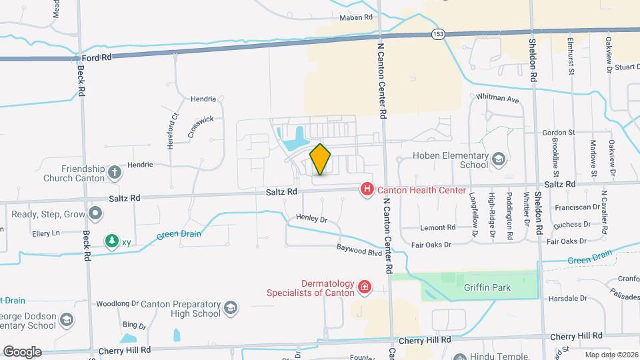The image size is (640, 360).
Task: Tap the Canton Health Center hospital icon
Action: pos(366,190)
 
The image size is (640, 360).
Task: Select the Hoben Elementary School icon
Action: pos(499,159)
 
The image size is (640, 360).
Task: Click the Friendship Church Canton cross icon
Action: pos(115,173)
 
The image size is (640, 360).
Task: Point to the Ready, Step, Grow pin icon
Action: pos(96,214)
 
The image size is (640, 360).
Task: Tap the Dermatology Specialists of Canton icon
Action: pos(364,287)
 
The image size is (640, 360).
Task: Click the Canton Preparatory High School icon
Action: pos(230,307)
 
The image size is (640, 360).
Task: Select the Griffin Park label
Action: pos(487,288)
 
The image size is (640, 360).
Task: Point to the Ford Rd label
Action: pos(97,58)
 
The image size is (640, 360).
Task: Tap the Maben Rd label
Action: pos(355,18)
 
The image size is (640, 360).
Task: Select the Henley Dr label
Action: pos(313,219)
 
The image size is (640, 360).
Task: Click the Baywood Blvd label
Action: pos(359,252)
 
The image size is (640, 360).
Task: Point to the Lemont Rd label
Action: pos(437,227)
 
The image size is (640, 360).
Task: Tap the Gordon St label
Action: pos(559,133)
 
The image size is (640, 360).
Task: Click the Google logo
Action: pos(22,351)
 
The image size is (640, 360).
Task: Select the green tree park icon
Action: pos(111,241)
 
